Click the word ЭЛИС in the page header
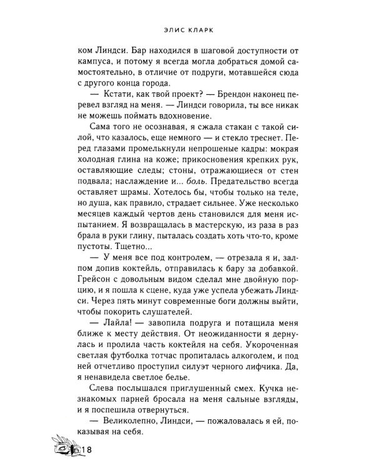172,29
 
